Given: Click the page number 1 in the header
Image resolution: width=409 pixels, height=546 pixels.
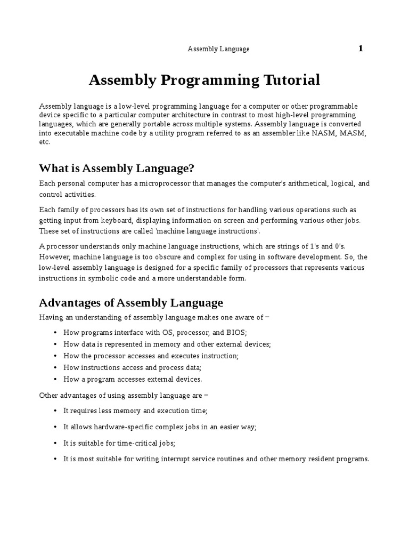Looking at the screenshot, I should pyautogui.click(x=361, y=49).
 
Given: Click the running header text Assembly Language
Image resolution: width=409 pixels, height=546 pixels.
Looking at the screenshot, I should pyautogui.click(x=218, y=49).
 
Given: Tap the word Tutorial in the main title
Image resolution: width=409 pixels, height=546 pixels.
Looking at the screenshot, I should pyautogui.click(x=291, y=80).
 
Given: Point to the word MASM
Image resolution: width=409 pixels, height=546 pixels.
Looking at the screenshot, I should pyautogui.click(x=356, y=133).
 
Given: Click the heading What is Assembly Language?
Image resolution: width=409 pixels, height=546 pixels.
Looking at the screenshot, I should pyautogui.click(x=117, y=168).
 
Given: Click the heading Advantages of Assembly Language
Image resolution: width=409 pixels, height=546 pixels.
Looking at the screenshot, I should pyautogui.click(x=131, y=303).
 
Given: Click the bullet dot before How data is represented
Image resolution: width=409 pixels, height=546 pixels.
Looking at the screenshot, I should pyautogui.click(x=55, y=344).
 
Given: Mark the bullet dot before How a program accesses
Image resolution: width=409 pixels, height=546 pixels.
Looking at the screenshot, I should pyautogui.click(x=55, y=380).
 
